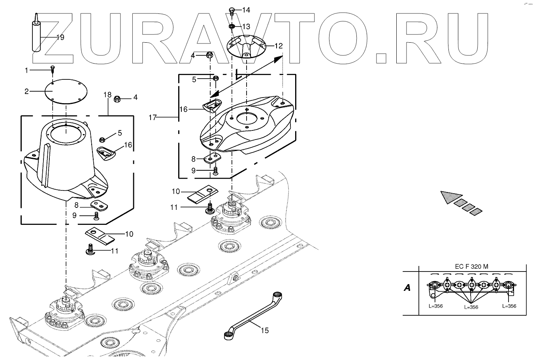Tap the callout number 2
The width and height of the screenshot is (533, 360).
(x=26, y=91)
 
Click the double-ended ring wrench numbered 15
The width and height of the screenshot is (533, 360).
(x=253, y=314)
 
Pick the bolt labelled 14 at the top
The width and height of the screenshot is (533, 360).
(x=232, y=10)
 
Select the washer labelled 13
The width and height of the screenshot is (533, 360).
(x=232, y=27)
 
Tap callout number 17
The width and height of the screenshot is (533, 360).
(x=153, y=117)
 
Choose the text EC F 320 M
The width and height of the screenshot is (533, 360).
(x=471, y=266)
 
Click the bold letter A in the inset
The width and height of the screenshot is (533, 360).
(x=407, y=288)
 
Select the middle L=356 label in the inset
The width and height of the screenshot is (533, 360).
(x=471, y=307)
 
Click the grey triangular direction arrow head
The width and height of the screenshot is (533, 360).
(x=449, y=196)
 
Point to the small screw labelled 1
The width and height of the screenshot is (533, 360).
(x=52, y=70)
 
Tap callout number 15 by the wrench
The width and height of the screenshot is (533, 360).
(x=265, y=330)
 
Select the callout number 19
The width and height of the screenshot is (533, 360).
(x=60, y=38)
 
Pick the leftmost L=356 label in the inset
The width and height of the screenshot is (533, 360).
(x=435, y=306)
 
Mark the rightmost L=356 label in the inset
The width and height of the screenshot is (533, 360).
(x=509, y=306)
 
